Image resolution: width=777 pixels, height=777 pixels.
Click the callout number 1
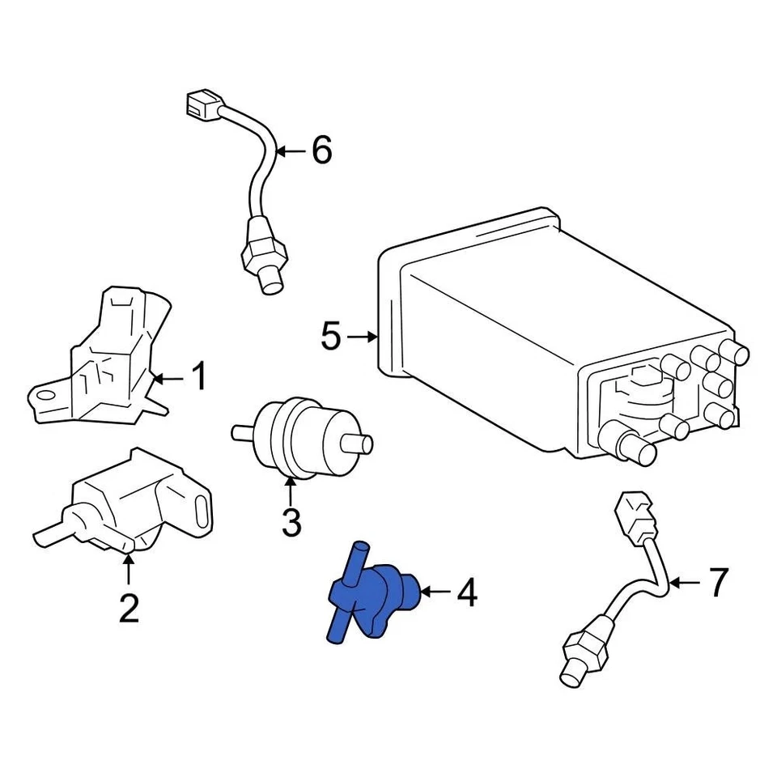[198, 376]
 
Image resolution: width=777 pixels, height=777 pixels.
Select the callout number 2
[129, 608]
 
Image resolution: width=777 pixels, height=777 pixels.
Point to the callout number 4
[467, 594]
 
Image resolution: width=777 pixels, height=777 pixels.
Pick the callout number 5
[330, 336]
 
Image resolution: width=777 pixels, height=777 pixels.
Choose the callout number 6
[321, 151]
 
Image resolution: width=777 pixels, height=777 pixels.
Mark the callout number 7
[719, 582]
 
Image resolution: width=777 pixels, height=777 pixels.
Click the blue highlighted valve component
[372, 595]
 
